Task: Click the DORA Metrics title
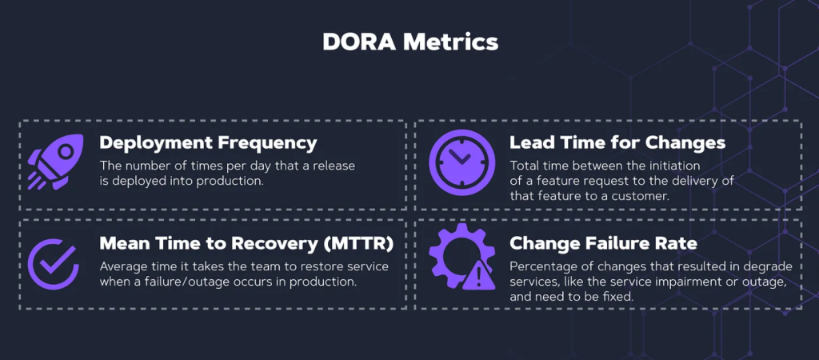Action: (410, 42)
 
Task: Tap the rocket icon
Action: (56, 162)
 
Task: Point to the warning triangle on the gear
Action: (479, 276)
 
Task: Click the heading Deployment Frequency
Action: (208, 143)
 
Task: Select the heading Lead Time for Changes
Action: (617, 142)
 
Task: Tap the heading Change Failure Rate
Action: (603, 243)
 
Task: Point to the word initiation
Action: (673, 166)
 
